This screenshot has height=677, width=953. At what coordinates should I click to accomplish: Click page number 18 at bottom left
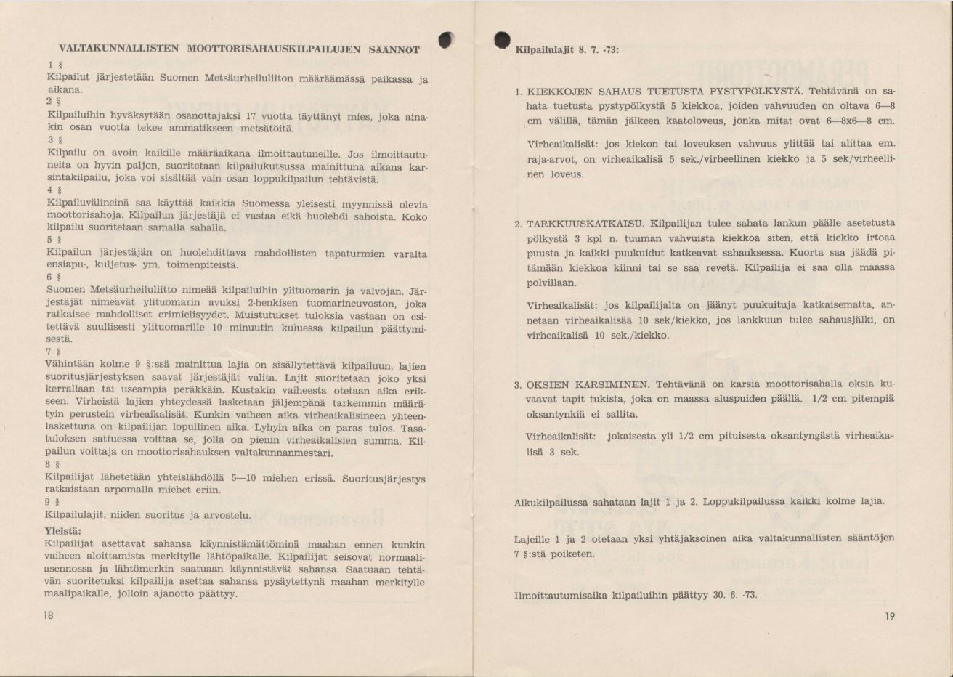[49, 615]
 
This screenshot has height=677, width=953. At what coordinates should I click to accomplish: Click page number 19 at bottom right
[890, 616]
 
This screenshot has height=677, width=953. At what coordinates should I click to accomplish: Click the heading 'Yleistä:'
[62, 530]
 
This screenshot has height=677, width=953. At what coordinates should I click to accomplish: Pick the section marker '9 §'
[49, 501]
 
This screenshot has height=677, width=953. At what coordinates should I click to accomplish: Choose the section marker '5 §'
[51, 239]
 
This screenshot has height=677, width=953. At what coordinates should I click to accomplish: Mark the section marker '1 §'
[50, 64]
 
